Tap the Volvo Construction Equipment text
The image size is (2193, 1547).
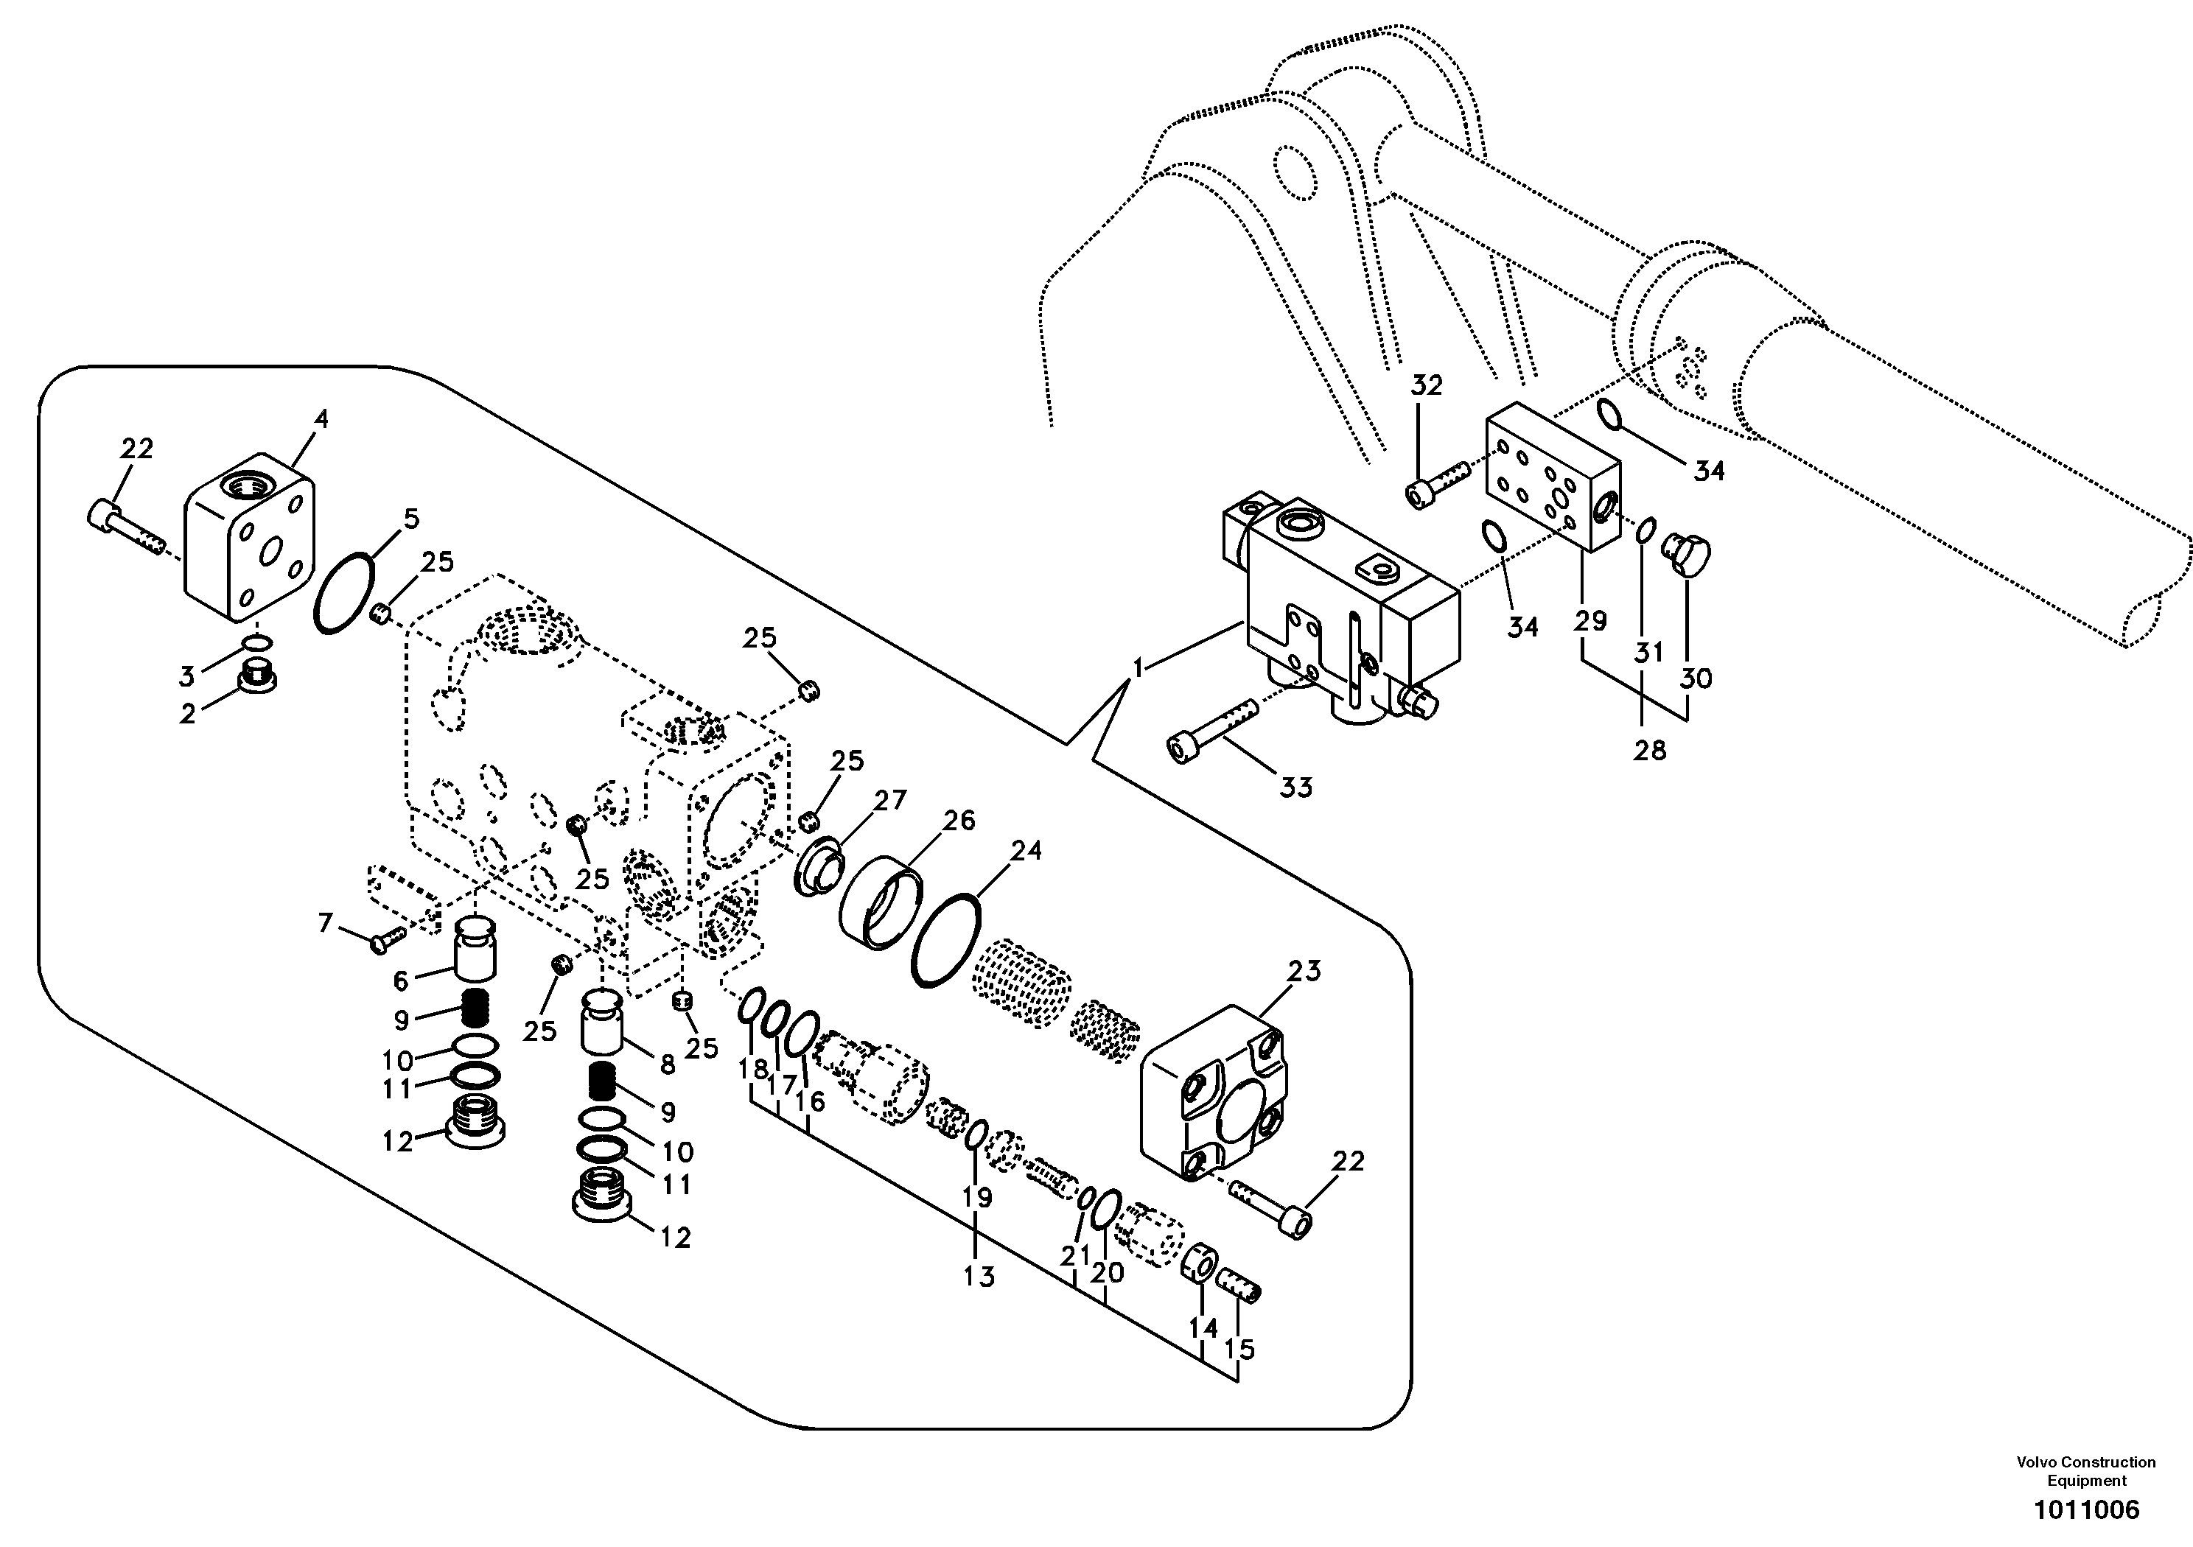pyautogui.click(x=2086, y=1472)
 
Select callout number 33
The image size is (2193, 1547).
pyautogui.click(x=1295, y=787)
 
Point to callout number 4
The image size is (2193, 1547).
pyautogui.click(x=321, y=419)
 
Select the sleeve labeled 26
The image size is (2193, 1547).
pyautogui.click(x=881, y=902)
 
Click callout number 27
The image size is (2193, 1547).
pyautogui.click(x=889, y=800)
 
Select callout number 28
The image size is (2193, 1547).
pyautogui.click(x=1648, y=751)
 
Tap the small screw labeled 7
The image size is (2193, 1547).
pyautogui.click(x=388, y=940)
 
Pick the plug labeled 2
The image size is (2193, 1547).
pyautogui.click(x=257, y=674)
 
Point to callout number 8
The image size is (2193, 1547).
pyautogui.click(x=667, y=1064)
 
